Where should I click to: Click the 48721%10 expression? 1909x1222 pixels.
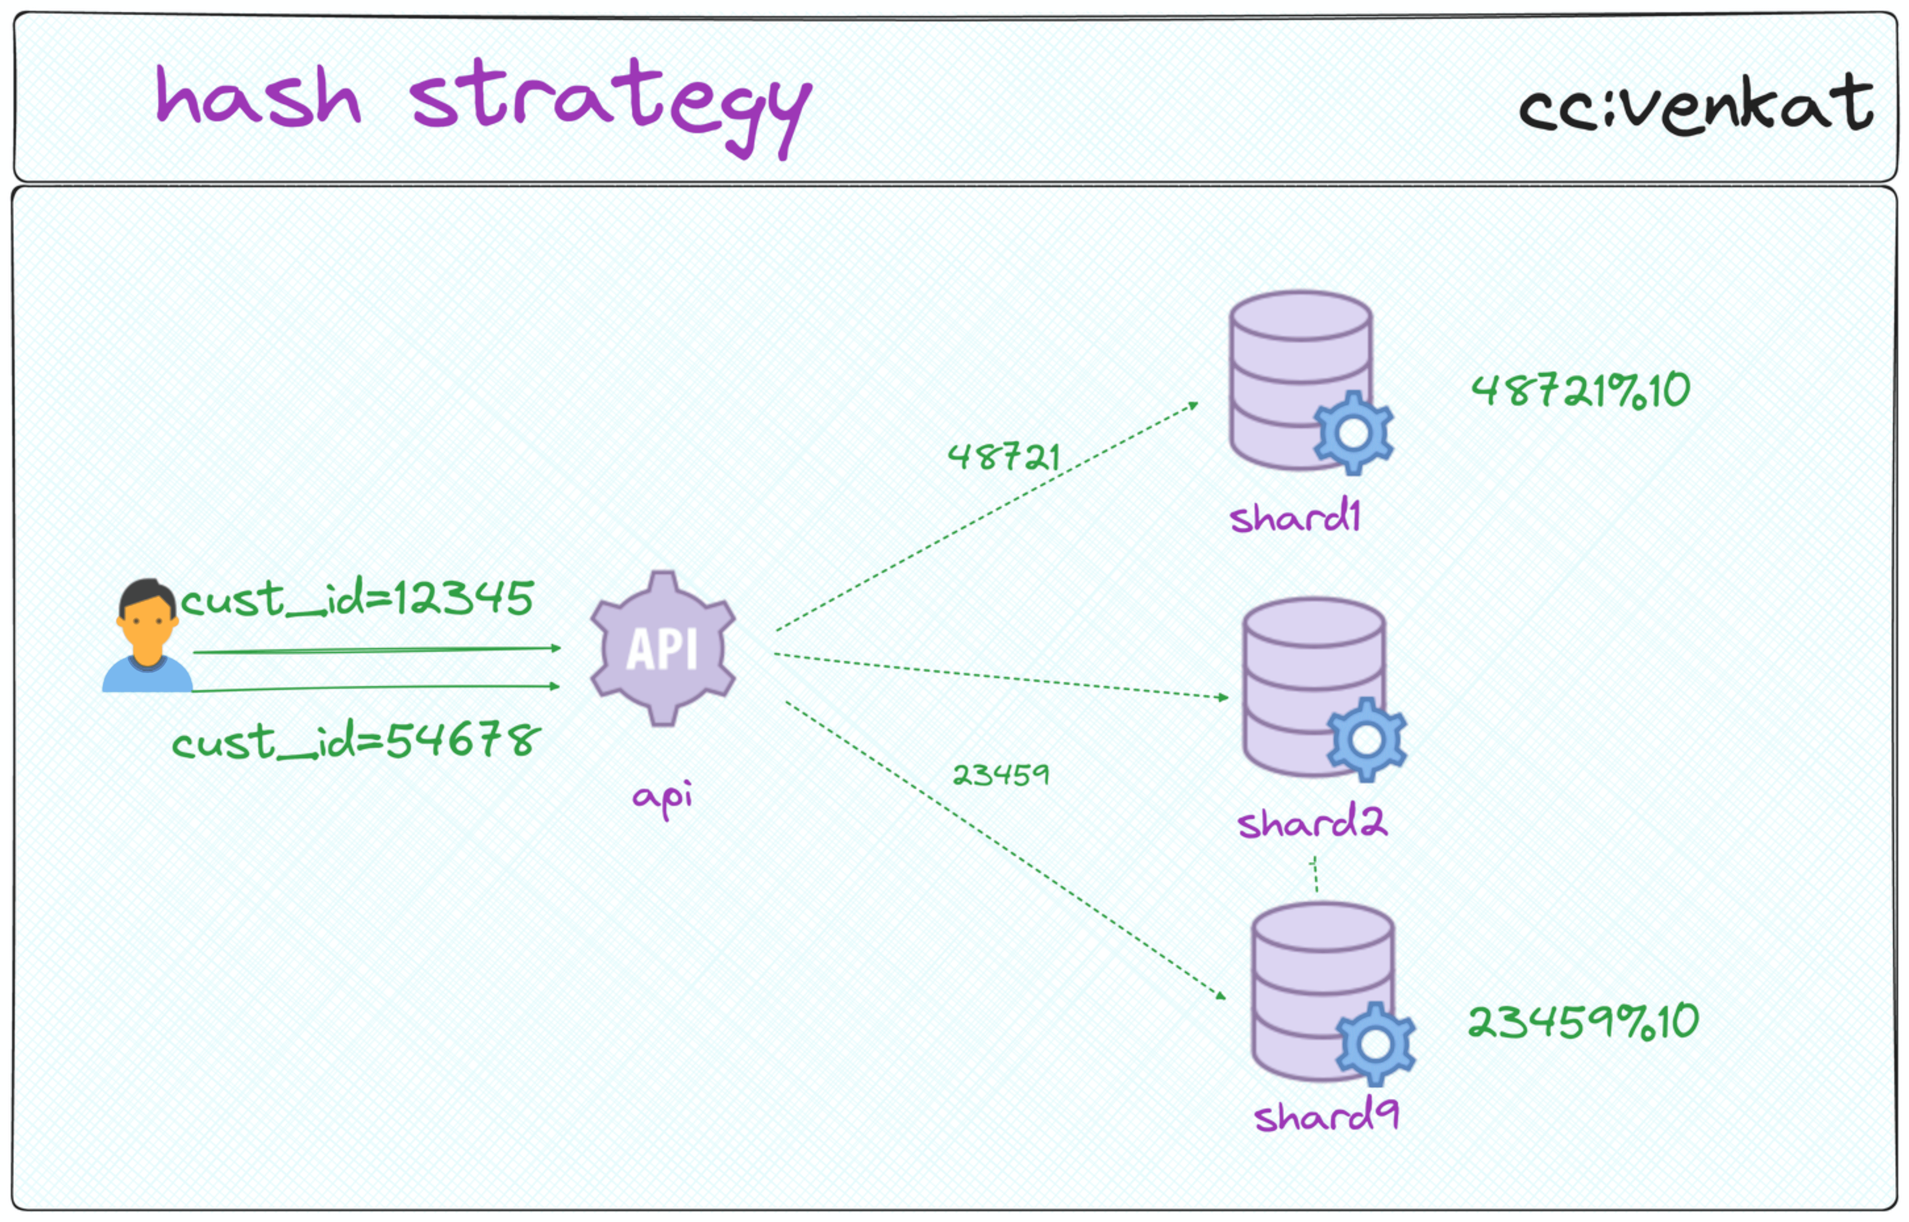click(1581, 390)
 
